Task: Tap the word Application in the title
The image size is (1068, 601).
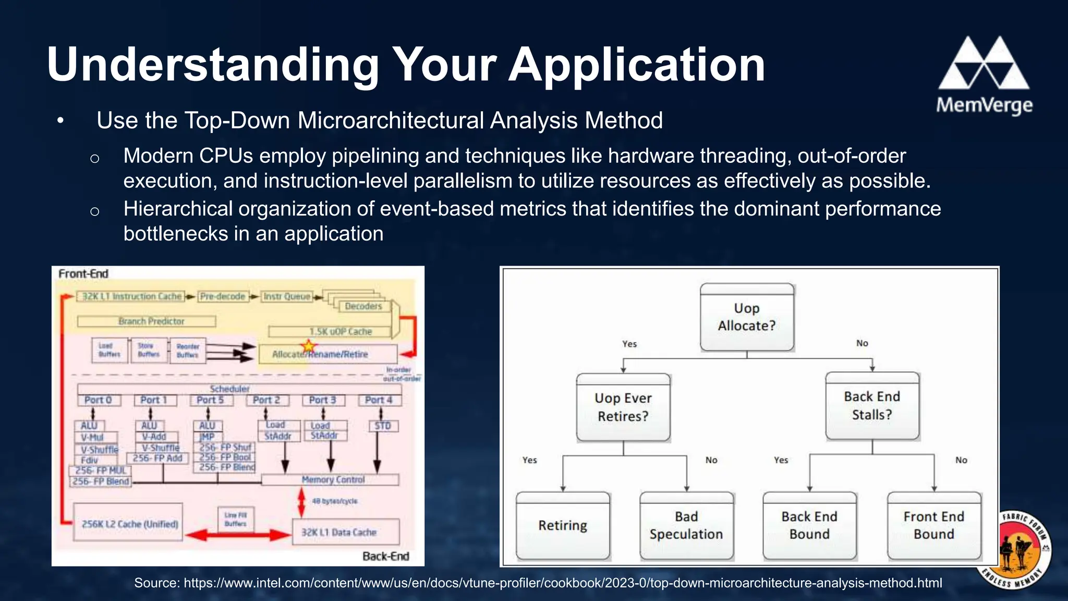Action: click(637, 65)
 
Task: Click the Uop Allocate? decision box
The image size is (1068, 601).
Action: click(747, 317)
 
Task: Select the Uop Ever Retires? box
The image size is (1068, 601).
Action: click(623, 407)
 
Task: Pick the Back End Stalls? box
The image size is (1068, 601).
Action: click(872, 406)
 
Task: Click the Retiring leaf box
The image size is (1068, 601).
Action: click(563, 525)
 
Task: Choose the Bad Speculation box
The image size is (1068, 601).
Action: click(686, 525)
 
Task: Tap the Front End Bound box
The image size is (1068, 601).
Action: click(933, 525)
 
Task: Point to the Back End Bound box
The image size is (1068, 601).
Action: click(809, 525)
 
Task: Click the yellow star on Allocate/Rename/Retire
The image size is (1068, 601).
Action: click(309, 346)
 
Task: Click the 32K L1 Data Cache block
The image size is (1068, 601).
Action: click(346, 532)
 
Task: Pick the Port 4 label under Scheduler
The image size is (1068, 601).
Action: click(379, 400)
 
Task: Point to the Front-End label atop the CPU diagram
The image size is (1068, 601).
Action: click(83, 274)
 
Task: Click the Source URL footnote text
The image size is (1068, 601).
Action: click(538, 583)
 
